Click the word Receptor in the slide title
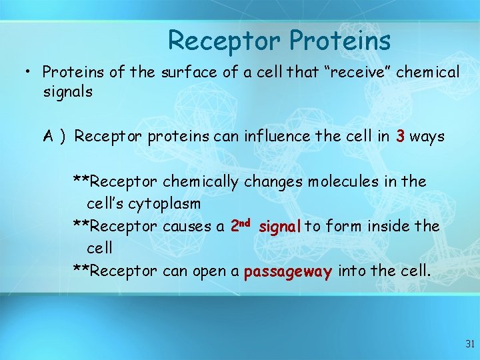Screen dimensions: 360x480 click(225, 41)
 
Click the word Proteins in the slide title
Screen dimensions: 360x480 click(340, 41)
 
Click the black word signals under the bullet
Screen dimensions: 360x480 click(67, 91)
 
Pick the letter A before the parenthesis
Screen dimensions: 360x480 click(49, 137)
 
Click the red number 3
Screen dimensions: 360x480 click(399, 137)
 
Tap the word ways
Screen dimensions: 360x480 click(427, 137)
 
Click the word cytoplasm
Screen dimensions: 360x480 click(163, 203)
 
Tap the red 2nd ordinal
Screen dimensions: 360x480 click(240, 225)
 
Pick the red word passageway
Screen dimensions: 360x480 click(288, 272)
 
